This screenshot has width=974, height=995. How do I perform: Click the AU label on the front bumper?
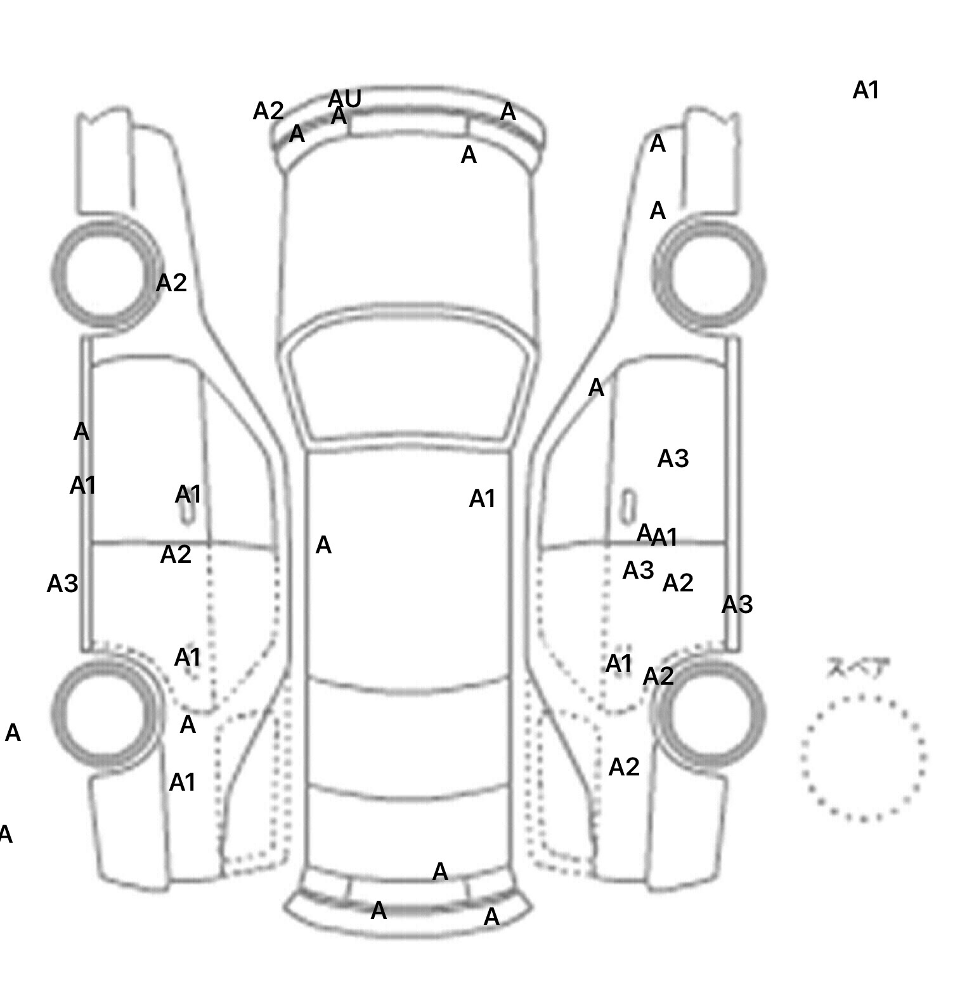click(x=345, y=99)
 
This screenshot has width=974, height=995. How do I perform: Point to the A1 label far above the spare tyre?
click(x=866, y=91)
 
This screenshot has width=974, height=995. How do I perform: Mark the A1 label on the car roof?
click(x=482, y=499)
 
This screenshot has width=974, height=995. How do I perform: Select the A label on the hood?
click(x=469, y=155)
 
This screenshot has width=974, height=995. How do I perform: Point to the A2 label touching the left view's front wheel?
click(x=171, y=283)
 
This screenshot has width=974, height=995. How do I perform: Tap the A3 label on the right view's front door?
click(x=673, y=459)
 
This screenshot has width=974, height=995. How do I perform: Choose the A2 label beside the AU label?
click(x=268, y=112)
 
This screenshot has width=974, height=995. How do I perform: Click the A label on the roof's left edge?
click(x=323, y=545)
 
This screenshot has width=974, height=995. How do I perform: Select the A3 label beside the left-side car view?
click(x=62, y=584)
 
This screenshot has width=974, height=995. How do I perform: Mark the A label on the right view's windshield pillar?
click(x=596, y=388)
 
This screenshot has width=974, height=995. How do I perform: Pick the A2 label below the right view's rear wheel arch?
click(x=624, y=768)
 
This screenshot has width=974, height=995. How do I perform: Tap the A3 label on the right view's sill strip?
click(x=737, y=605)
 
